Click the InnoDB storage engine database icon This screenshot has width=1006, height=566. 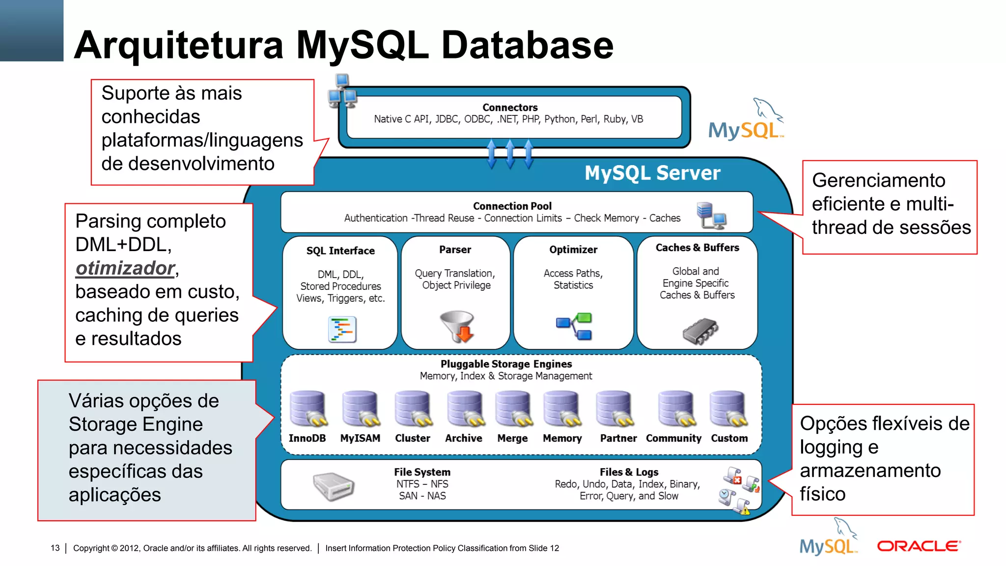point(308,408)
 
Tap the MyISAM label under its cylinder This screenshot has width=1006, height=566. point(360,438)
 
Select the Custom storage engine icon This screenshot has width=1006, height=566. point(728,408)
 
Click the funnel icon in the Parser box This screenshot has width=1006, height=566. point(457,325)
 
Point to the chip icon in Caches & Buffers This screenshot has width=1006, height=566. point(700,331)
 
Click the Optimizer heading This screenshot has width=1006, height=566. point(573,250)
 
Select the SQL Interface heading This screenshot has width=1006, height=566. point(340,251)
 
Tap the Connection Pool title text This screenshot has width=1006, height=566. point(512,206)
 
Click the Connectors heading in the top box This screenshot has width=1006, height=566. point(510,107)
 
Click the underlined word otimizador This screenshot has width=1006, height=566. point(125,268)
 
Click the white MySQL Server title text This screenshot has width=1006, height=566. point(652,173)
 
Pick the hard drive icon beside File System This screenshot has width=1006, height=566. point(334,486)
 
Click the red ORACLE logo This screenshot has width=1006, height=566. point(919,546)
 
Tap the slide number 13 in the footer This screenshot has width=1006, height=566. point(55,548)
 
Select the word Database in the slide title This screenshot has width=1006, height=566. point(527,45)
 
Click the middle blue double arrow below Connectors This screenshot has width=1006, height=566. point(510,154)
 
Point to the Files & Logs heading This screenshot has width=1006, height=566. point(629,472)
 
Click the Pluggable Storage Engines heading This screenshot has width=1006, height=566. point(506,364)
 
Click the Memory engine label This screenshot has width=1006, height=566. point(562,438)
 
